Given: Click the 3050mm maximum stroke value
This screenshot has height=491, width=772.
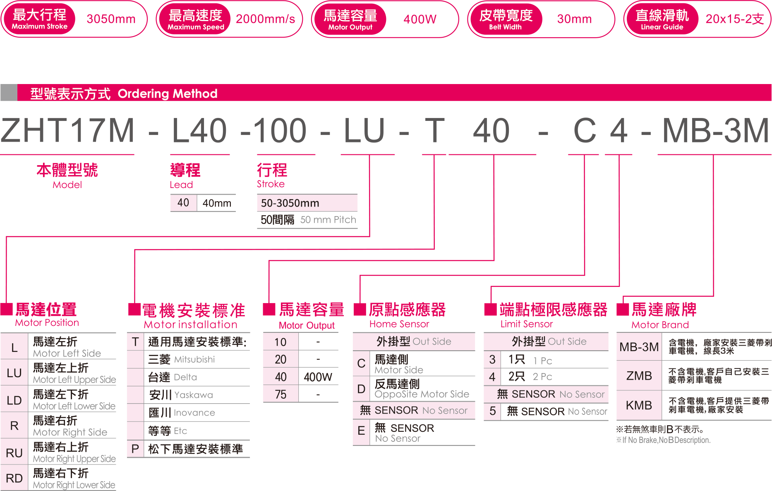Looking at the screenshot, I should tap(111, 19).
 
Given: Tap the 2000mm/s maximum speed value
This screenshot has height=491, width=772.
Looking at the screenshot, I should tap(265, 19).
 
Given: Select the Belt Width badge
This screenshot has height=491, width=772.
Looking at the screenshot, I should tap(505, 19).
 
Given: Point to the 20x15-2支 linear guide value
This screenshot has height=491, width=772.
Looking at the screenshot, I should tap(734, 19).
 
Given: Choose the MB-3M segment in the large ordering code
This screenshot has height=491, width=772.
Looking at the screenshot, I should tap(715, 131).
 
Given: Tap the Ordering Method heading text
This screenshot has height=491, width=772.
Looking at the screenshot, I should tap(167, 94).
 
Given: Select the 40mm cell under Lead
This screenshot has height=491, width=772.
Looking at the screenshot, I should tap(216, 203).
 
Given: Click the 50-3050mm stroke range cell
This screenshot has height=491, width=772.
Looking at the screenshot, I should tap(290, 203).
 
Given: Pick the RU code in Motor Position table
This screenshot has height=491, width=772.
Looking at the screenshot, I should tap(14, 453).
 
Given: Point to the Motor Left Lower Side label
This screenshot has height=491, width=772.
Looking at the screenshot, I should tap(74, 406).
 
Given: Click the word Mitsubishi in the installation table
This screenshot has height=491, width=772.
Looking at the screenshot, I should tap(194, 359).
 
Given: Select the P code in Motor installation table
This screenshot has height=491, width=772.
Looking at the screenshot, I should tap(135, 449).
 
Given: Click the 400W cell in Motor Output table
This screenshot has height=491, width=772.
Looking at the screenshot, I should tap(318, 377).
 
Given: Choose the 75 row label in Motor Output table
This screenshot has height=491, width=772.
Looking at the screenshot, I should tap(281, 395).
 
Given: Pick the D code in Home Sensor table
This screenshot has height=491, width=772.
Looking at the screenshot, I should tap(361, 389).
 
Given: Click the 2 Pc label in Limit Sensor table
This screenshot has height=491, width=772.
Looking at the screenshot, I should tap(542, 377).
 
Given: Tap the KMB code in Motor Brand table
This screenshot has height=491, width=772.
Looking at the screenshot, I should tap(639, 405).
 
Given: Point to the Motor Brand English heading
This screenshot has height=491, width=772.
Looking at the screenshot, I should tap(660, 325).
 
